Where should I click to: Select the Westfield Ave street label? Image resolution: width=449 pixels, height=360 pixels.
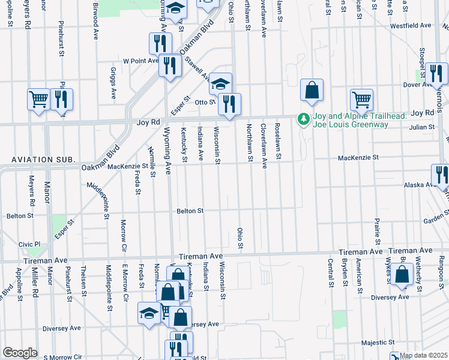tap(411, 26)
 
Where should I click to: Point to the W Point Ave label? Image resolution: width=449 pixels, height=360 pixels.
tap(140, 61)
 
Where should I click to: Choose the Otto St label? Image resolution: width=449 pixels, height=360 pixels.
tap(205, 102)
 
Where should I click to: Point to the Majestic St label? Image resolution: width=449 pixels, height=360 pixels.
tap(378, 343)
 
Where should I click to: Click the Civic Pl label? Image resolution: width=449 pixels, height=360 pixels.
tap(29, 244)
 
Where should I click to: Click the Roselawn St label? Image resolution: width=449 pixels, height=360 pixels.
tap(278, 142)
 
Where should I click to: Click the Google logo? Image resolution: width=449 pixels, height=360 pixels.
tap(20, 353)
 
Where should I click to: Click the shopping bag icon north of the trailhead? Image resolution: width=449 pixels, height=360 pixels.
tap(312, 91)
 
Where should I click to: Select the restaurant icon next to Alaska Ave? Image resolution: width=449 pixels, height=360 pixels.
tap(441, 175)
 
